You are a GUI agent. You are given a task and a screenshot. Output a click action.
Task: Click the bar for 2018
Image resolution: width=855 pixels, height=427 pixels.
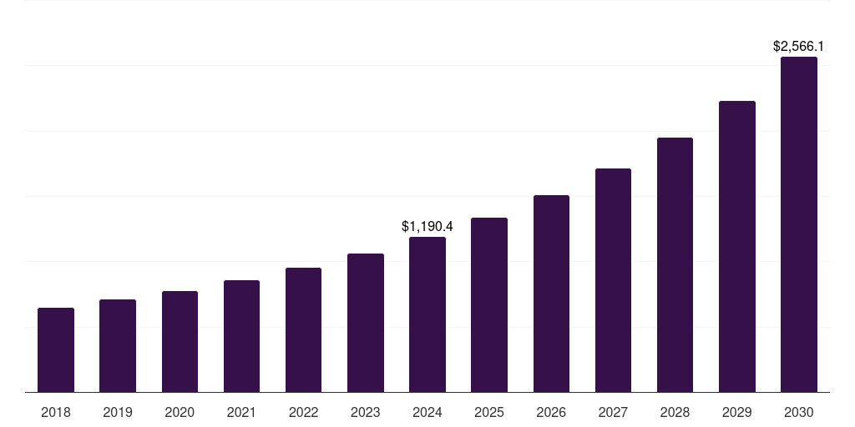[x=56, y=350]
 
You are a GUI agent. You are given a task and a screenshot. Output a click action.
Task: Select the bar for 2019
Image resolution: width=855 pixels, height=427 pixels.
[x=118, y=346]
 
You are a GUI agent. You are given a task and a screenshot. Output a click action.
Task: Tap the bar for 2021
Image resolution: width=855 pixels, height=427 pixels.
[x=241, y=336]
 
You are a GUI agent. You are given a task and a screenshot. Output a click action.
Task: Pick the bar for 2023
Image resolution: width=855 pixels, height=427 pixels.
[x=366, y=323]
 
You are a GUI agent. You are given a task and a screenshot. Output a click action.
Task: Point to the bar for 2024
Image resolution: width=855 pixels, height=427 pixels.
[x=427, y=314]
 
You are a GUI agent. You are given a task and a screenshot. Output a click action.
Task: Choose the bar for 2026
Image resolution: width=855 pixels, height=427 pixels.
[x=551, y=294]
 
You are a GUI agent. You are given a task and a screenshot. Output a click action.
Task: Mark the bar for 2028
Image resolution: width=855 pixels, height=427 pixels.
[x=675, y=264]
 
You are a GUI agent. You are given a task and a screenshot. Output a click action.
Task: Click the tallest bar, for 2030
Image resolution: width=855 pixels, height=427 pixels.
[x=799, y=224]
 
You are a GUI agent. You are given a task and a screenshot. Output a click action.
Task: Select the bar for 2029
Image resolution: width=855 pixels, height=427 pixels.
[x=737, y=246]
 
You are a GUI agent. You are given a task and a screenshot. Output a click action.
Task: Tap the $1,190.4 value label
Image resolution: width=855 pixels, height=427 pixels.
[x=427, y=226]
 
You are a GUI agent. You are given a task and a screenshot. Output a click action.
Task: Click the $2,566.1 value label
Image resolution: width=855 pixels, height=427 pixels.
[x=799, y=47]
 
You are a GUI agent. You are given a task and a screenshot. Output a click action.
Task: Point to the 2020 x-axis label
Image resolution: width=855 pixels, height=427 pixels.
[x=180, y=412]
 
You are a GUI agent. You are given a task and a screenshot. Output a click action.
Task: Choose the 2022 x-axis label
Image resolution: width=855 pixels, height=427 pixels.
[x=303, y=412]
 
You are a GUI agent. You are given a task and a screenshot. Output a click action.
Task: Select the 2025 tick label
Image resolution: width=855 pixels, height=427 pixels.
[x=489, y=412]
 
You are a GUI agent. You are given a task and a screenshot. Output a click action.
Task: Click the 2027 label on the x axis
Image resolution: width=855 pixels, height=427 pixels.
[x=613, y=412]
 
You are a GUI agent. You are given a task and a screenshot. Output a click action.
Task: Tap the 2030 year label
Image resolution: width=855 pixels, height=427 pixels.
[x=799, y=412]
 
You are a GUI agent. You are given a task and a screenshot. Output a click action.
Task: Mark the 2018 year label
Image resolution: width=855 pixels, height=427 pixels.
[x=56, y=412]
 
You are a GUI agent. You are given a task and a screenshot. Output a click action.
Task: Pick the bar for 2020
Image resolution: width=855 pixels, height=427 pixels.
[x=180, y=342]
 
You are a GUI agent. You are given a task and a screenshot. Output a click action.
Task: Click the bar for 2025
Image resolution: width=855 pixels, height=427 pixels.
[x=489, y=305]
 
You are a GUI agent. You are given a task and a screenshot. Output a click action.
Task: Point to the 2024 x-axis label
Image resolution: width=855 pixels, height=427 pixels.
[x=427, y=412]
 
